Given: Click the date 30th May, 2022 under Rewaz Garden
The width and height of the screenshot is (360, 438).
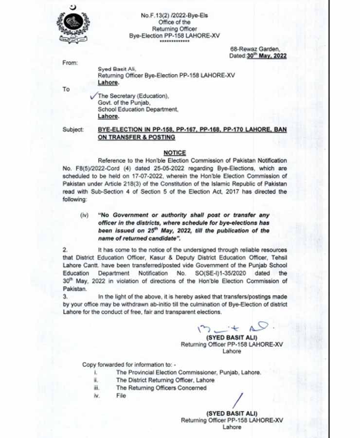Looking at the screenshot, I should tap(266, 56).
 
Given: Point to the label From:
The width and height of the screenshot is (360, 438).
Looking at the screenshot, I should tap(70, 63).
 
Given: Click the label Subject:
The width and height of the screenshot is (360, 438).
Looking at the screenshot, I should tap(73, 130).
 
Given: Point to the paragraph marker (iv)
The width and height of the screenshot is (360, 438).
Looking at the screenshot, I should tap(84, 214).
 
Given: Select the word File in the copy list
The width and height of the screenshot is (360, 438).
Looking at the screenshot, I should tap(121, 396).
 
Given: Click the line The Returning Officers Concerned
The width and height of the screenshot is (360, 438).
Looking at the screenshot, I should tap(161, 388).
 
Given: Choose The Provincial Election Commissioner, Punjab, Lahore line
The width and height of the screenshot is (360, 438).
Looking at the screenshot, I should tap(188, 372).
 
